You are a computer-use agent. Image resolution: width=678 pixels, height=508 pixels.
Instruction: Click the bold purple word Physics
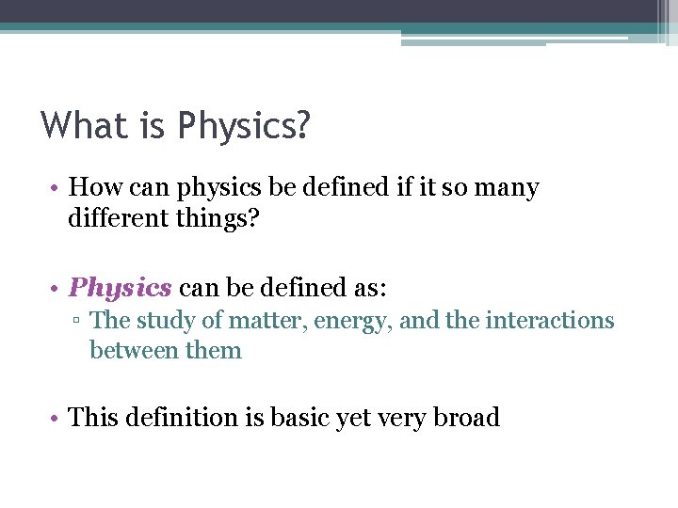point(121,287)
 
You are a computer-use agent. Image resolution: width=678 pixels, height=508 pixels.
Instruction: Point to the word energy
point(351,321)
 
